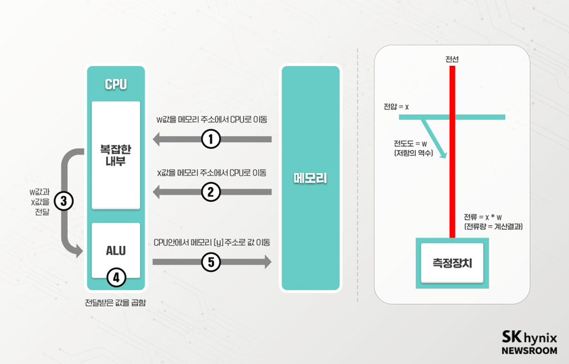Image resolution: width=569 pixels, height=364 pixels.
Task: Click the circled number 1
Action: [211, 139]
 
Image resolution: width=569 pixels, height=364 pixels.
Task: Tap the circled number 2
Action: [211, 191]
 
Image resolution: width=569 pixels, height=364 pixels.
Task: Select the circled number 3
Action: [64, 201]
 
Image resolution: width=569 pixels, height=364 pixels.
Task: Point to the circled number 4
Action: [116, 277]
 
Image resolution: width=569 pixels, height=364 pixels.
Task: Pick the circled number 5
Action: [211, 262]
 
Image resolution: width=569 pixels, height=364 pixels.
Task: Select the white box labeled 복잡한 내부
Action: [116, 155]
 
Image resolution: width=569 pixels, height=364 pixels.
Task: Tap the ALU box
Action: [116, 250]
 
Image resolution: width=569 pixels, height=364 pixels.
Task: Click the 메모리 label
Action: [310, 178]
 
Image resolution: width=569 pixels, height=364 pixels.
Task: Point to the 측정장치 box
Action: [452, 262]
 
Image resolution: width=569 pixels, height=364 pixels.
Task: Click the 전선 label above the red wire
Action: [452, 59]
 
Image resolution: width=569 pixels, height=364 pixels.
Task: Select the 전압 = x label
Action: [396, 107]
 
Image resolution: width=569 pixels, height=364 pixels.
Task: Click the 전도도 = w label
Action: [410, 144]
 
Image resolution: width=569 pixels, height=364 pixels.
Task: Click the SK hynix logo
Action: [529, 338]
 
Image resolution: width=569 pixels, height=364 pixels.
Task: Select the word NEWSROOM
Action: [529, 351]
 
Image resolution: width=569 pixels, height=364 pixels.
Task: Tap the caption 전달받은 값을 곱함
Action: [116, 303]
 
